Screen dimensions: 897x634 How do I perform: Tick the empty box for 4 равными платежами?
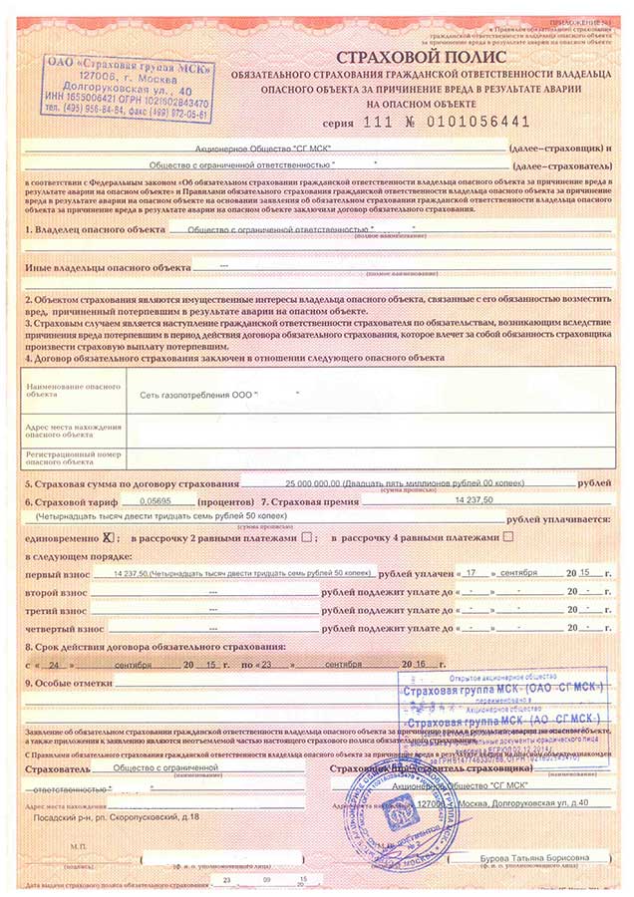pos(509,537)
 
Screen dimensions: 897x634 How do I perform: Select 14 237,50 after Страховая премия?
pos(475,500)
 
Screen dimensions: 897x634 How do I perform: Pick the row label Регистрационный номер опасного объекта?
pos(66,457)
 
